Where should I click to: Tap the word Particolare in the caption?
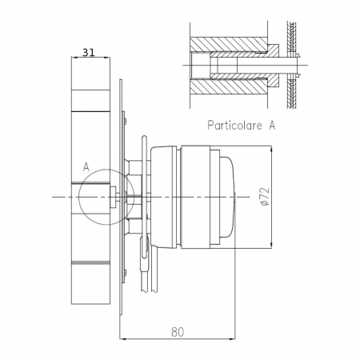coord(234,126)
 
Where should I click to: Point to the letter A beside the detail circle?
coord(86,167)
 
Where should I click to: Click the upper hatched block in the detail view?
coord(226,42)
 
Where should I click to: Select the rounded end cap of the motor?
coord(226,196)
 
